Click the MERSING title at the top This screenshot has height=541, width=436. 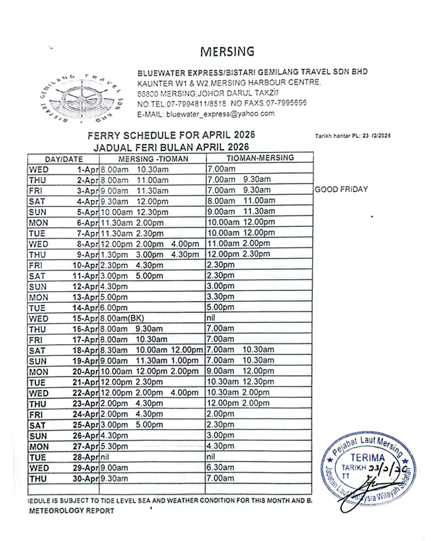[x=227, y=52]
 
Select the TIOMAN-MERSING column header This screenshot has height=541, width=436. [x=260, y=159]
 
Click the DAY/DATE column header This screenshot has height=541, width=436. [x=64, y=159]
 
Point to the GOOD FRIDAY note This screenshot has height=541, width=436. [x=341, y=190]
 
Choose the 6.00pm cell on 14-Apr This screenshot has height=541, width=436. [x=114, y=308]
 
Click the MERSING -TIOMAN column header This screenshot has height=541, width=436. [x=153, y=159]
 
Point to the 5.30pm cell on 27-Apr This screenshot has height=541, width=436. [x=114, y=447]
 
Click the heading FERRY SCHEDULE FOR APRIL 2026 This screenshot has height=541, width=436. [x=171, y=135]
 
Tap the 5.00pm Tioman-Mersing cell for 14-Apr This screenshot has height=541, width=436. [x=220, y=308]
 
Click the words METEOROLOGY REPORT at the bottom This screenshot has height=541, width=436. [x=71, y=511]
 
